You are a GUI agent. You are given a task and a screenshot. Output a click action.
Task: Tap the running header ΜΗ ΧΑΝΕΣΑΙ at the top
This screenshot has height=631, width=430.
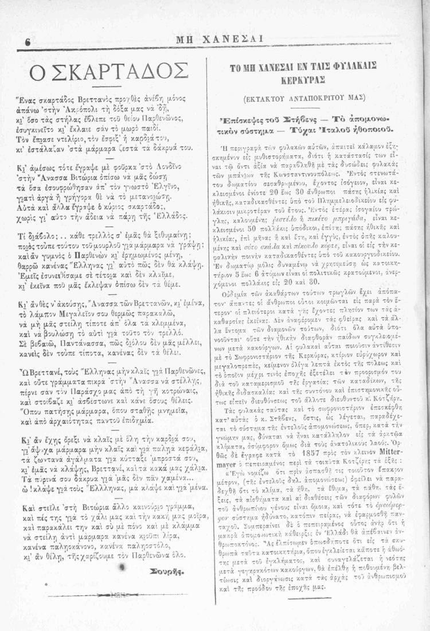tap(220, 38)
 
